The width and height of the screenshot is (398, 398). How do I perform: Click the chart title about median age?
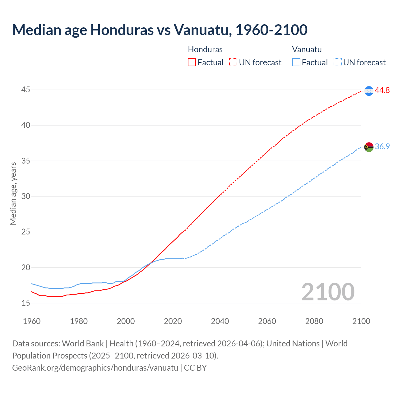click(x=160, y=30)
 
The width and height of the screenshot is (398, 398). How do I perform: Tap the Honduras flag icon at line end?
click(x=369, y=91)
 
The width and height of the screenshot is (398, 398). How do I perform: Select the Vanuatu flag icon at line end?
click(x=369, y=147)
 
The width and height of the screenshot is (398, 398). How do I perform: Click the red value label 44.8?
click(x=382, y=90)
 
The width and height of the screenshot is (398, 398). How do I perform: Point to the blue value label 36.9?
click(x=382, y=146)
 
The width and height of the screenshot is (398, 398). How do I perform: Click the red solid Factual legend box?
click(x=192, y=62)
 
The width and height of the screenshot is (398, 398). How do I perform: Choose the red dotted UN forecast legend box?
click(x=233, y=62)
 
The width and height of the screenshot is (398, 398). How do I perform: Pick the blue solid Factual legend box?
click(x=296, y=62)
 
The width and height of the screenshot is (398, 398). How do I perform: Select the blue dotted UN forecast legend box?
click(x=337, y=62)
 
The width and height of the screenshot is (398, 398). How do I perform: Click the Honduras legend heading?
click(x=205, y=49)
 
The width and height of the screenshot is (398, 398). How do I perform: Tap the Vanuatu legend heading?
click(x=307, y=49)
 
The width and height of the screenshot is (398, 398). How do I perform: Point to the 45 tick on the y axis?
click(x=25, y=90)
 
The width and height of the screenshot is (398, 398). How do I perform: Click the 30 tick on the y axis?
click(x=25, y=196)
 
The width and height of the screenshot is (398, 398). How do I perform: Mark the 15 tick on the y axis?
click(x=25, y=303)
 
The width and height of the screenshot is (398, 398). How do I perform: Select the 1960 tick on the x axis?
click(x=32, y=321)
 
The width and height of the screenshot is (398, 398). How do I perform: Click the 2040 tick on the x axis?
click(x=220, y=321)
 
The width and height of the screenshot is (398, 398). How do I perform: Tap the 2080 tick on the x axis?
click(x=314, y=321)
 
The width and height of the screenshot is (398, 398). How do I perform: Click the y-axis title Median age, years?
click(x=13, y=193)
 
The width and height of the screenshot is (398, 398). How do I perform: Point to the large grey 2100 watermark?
click(x=328, y=292)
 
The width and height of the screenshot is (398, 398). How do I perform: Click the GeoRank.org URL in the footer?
click(x=95, y=368)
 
